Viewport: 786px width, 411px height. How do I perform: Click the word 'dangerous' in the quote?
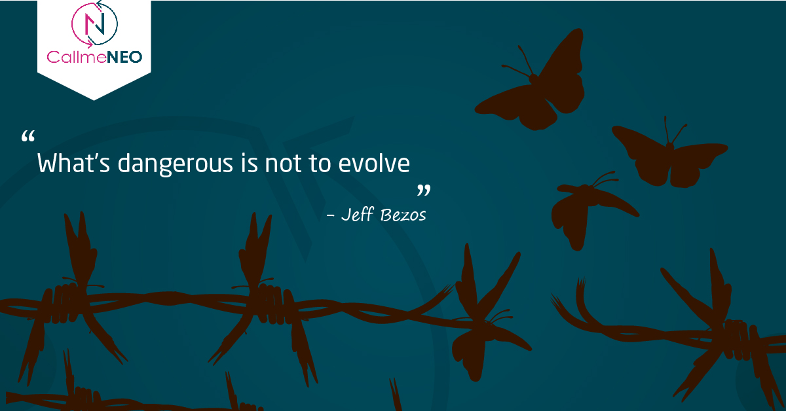point(175,164)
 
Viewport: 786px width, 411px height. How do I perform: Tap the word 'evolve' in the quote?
point(374,163)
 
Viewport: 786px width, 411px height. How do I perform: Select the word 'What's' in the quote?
point(73,163)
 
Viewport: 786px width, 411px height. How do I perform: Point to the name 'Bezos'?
point(403,215)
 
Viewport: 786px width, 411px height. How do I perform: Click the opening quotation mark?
point(28,136)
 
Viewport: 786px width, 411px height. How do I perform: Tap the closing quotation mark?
point(424,190)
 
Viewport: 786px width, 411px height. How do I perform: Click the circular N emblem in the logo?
point(94,24)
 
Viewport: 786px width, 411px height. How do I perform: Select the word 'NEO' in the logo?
point(124,57)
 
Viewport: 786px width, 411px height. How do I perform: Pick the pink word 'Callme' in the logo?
point(77,57)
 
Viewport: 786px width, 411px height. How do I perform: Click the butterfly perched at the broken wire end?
point(488,315)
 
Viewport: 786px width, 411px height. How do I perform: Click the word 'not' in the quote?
point(283,164)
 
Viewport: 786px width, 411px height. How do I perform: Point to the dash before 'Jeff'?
point(330,215)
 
